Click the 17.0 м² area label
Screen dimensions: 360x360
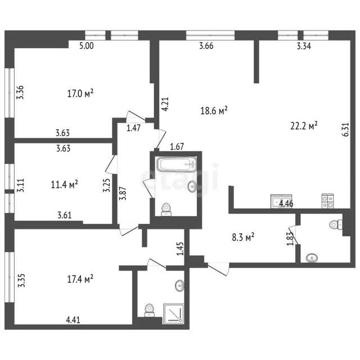(x=80, y=93)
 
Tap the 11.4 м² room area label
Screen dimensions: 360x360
(x=64, y=184)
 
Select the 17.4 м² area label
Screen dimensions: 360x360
(x=80, y=279)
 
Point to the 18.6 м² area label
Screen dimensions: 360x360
(x=214, y=110)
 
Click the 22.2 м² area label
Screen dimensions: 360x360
(x=304, y=125)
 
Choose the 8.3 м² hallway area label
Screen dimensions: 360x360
(x=243, y=237)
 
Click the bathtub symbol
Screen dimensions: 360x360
(x=177, y=164)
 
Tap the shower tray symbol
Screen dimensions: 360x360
(x=174, y=314)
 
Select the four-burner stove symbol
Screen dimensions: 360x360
(x=327, y=201)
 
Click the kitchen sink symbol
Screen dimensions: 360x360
(x=281, y=201)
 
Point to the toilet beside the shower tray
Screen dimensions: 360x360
(x=149, y=310)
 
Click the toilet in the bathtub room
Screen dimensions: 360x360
(x=166, y=209)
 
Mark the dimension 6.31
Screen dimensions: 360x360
(x=346, y=130)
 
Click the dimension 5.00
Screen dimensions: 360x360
(x=87, y=46)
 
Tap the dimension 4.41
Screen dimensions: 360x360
(x=73, y=319)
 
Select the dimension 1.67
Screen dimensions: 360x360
(x=177, y=146)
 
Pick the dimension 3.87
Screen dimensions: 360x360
(x=123, y=193)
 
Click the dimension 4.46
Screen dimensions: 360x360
(x=286, y=204)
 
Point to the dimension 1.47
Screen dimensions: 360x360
(x=134, y=128)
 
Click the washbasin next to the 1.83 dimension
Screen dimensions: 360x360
(x=312, y=258)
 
